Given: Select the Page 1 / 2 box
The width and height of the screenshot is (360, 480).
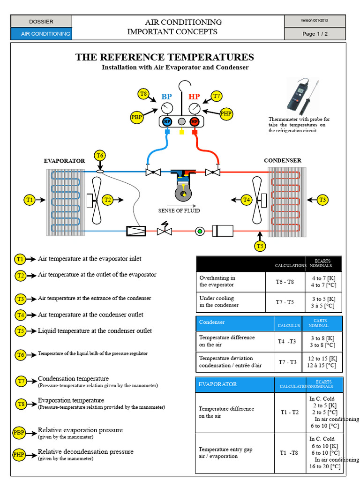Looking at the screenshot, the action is coord(315,34).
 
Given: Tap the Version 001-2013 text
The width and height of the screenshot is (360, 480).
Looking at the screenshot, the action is coord(314,21).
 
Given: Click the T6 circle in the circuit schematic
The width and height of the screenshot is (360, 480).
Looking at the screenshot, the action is coord(100,156).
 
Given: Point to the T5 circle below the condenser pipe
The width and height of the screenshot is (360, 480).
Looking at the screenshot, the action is coord(260,246).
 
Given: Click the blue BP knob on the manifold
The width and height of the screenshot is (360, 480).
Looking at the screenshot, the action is coord(167,121).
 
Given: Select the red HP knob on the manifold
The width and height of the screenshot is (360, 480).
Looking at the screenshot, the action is coord(195,121).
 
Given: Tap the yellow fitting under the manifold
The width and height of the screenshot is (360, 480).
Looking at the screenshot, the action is coord(182,131).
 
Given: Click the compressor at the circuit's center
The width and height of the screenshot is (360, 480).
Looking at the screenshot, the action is coord(183,185).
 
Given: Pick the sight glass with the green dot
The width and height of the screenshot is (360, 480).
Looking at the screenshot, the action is coord(200,231).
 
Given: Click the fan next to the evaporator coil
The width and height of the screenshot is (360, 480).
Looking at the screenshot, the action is coord(96,201).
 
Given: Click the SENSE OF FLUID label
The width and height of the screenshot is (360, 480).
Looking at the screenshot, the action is coord(179,210).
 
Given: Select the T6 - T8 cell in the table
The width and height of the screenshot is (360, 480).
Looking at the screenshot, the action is coord(285,282).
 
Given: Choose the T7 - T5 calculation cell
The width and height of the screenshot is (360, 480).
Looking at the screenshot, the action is coord(285,302).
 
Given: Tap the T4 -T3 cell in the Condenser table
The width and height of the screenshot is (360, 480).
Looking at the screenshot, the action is coord(287,341).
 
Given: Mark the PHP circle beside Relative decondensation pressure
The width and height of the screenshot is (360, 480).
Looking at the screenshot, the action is coord(19,455).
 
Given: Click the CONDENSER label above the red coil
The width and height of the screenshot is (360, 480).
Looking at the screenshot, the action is coord(283,160).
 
